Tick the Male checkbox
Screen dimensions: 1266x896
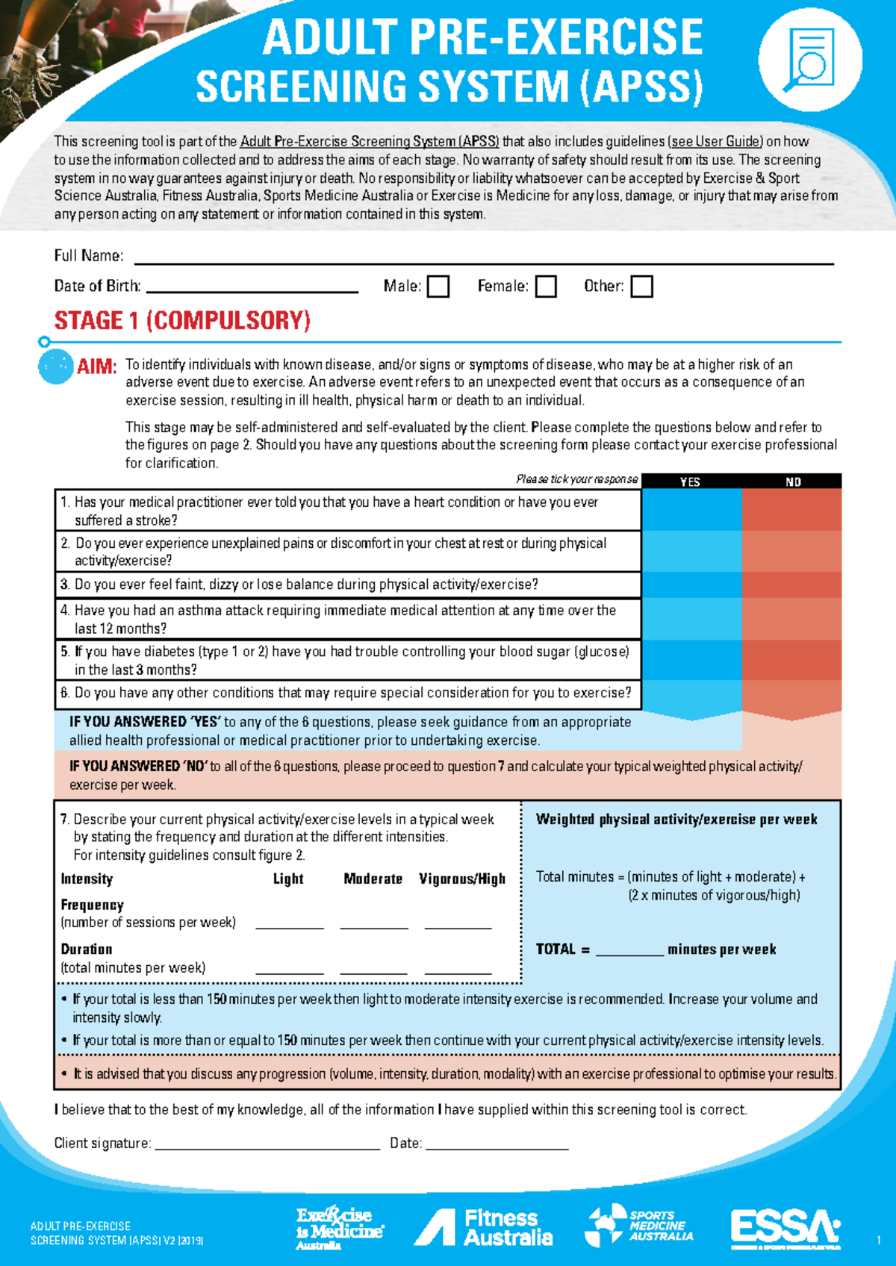438,287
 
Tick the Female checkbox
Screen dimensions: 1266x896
546,287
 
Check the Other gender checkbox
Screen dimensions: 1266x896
641,287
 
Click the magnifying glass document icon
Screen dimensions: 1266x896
810,60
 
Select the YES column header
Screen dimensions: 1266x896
691,481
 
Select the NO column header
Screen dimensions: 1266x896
793,481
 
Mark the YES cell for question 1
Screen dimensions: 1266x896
691,510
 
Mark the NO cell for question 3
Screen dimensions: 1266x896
791,584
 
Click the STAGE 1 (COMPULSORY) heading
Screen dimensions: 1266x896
182,321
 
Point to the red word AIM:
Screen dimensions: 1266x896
96,367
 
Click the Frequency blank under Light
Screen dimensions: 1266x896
289,923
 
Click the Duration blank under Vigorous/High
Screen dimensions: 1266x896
458,969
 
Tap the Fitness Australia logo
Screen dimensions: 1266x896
484,1227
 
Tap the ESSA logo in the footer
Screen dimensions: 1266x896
785,1227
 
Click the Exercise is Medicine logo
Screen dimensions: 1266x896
339,1227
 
